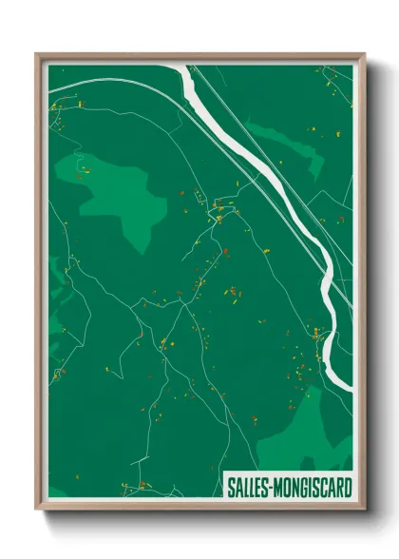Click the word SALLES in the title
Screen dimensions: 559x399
(x=250, y=486)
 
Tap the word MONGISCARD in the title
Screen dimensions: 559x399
(x=313, y=486)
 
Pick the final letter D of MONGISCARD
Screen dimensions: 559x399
(x=345, y=486)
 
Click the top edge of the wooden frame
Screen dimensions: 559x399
(x=199, y=56)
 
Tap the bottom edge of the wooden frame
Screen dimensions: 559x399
(x=199, y=505)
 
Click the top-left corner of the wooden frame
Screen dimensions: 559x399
(x=39, y=56)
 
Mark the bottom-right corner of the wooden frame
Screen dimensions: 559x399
(x=361, y=505)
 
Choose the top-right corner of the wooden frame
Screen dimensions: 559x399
(x=361, y=56)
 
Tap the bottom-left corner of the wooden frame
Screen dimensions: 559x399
(x=39, y=505)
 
